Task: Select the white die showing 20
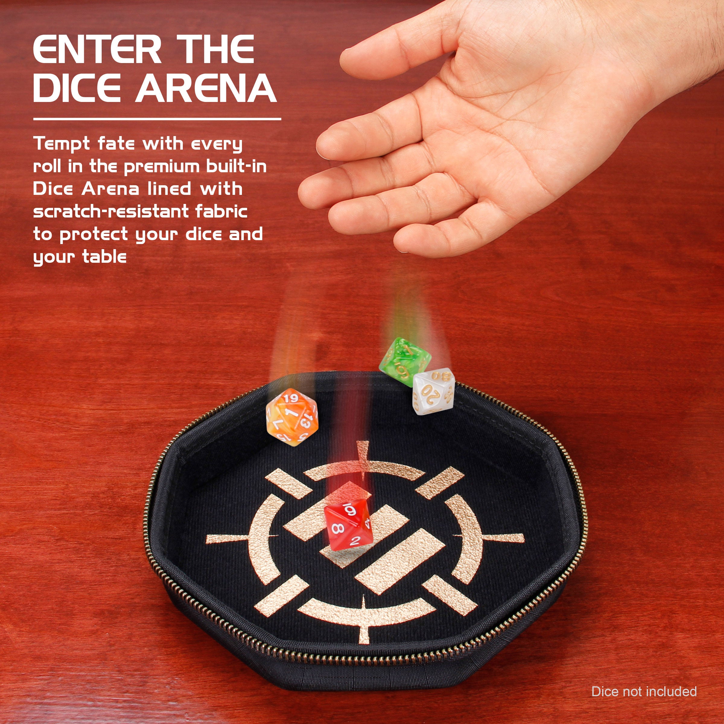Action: (x=433, y=392)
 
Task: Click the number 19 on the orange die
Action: (x=291, y=398)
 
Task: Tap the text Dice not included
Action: (x=644, y=691)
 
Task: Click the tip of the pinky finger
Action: (x=407, y=246)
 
